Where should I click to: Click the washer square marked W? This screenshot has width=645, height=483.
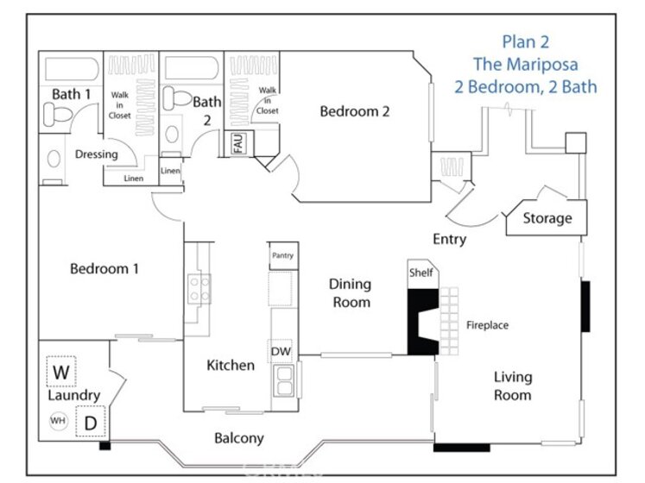coord(61,371)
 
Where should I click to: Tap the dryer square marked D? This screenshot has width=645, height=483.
coord(91,422)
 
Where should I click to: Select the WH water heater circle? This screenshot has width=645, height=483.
coord(58,421)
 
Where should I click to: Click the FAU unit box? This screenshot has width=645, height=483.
coord(238,143)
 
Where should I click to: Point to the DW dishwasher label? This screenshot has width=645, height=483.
coord(281,351)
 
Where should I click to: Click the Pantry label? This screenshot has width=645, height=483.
coord(282,255)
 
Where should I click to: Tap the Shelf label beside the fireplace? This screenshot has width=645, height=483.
coord(421,273)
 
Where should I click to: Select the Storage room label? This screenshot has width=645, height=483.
coord(547,218)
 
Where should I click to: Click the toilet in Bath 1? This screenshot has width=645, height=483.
coord(58,114)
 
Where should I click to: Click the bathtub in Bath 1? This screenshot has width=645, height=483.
coord(72,69)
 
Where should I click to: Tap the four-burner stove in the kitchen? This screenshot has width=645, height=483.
coord(199,289)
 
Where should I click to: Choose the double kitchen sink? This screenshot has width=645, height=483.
coord(284,380)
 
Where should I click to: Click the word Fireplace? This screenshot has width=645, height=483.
coord(487,325)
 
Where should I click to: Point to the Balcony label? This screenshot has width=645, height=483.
coord(239,438)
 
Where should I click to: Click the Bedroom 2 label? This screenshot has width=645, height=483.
coord(355,111)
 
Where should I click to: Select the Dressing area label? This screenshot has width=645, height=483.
coord(96,154)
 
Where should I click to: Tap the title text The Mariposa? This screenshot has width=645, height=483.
coord(525,64)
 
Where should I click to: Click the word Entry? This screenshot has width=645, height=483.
coord(450,239)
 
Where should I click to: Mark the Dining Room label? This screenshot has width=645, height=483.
coord(351,293)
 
